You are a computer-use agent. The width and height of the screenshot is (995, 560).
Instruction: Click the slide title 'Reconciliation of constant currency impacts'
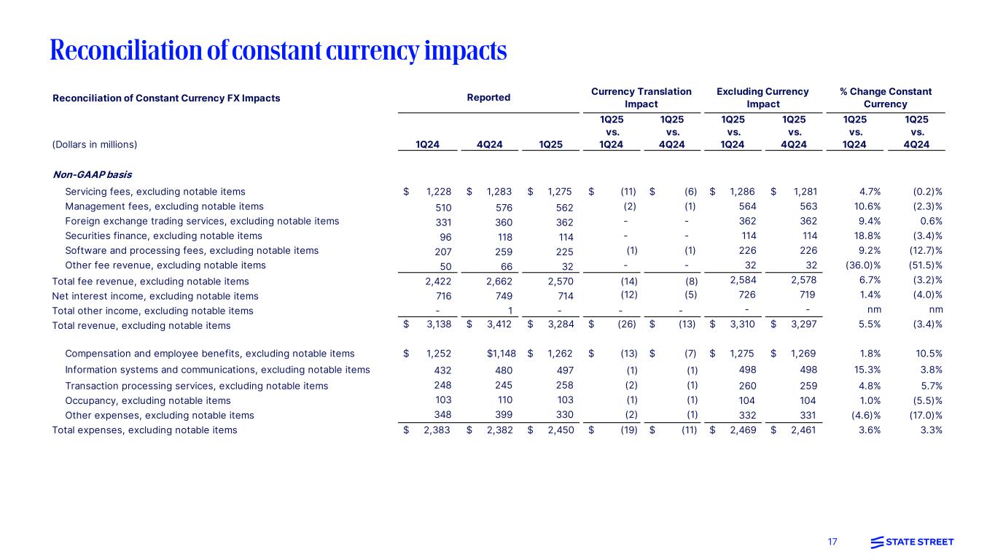278,50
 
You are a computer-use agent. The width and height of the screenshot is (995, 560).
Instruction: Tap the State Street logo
912,542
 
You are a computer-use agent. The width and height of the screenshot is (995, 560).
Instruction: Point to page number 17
832,542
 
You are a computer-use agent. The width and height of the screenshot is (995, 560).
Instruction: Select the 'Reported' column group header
489,98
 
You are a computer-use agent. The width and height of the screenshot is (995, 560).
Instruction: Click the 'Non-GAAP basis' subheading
92,174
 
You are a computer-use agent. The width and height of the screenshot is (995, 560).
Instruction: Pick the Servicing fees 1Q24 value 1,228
438,192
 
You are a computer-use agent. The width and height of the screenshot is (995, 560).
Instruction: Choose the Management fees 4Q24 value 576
504,207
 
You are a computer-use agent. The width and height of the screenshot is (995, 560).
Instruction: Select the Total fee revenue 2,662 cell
499,281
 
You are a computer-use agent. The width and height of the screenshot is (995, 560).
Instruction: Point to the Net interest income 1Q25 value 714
564,296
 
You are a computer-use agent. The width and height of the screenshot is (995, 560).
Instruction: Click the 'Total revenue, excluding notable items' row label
141,325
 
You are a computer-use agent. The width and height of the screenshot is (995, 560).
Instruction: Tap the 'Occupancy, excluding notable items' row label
147,400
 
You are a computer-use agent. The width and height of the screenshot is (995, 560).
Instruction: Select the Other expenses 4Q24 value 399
504,415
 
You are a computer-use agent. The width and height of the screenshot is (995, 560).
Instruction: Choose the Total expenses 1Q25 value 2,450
560,430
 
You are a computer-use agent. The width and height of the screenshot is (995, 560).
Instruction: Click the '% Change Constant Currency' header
886,98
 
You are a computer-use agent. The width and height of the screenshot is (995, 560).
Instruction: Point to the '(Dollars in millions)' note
95,144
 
